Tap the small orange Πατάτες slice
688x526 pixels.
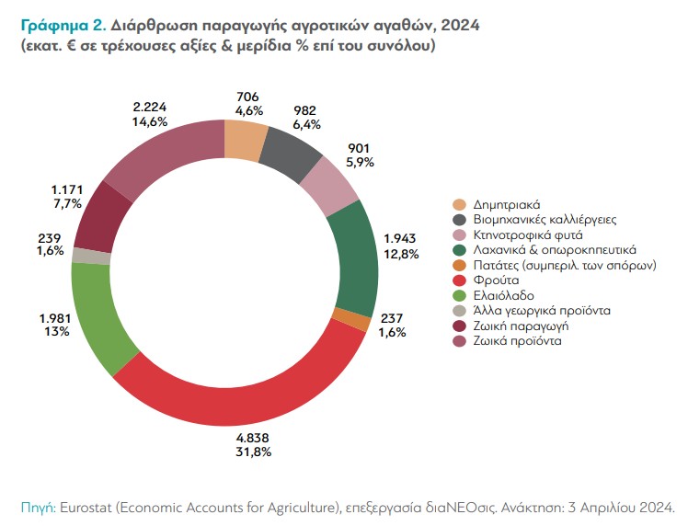[x=363, y=319]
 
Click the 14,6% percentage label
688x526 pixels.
[x=151, y=120]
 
